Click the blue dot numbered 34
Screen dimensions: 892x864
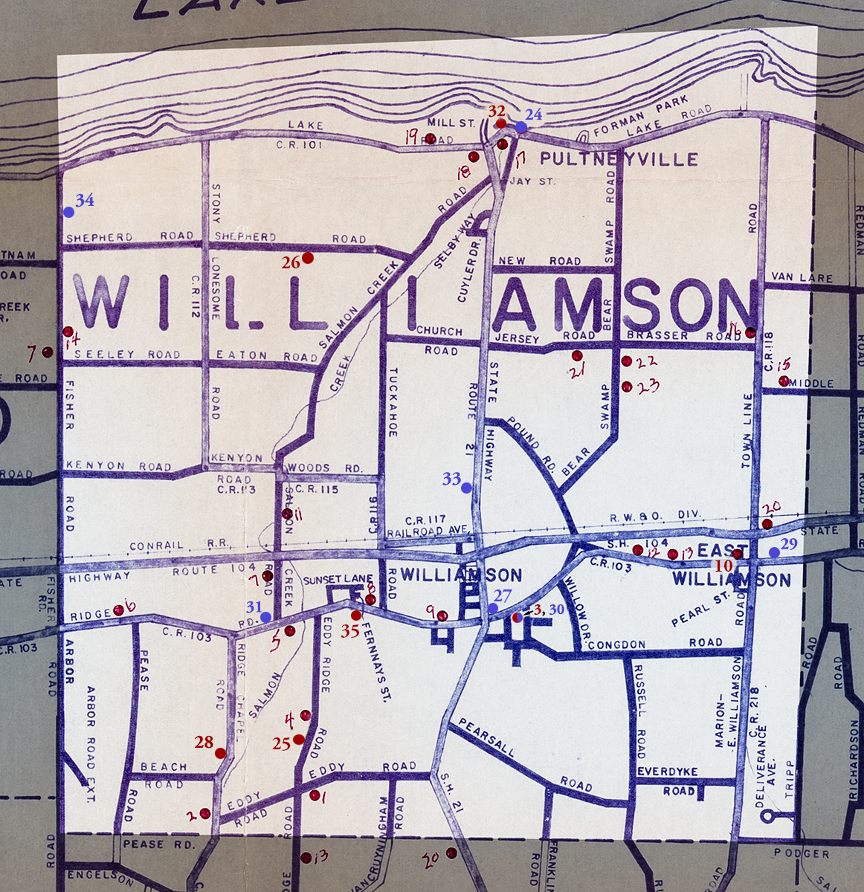(x=68, y=212)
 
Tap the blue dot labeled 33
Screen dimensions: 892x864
(x=466, y=488)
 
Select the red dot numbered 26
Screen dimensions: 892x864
(x=307, y=258)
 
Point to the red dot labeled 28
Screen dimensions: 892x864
(x=220, y=753)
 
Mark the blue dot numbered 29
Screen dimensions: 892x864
(x=774, y=552)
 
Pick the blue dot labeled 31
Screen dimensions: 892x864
(x=265, y=617)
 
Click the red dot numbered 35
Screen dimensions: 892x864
(x=356, y=615)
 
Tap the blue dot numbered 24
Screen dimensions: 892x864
(x=521, y=127)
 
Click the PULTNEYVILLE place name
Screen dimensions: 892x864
(x=619, y=159)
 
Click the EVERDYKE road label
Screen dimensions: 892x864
(x=668, y=772)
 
